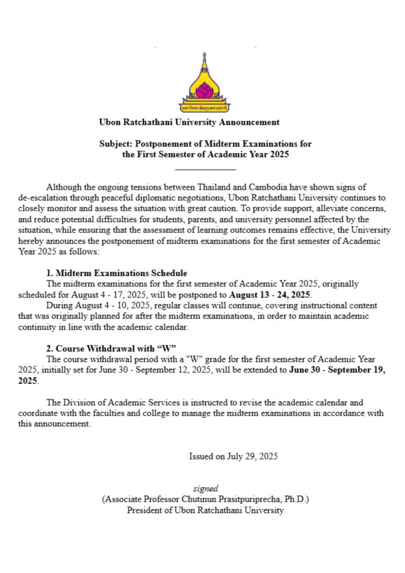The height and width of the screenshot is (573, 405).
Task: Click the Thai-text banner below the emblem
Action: (202, 106)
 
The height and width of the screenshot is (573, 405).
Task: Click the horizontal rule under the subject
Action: (205, 169)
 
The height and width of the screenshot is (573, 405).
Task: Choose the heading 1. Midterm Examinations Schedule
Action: (117, 273)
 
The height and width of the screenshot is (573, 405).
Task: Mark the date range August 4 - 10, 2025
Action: (112, 306)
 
